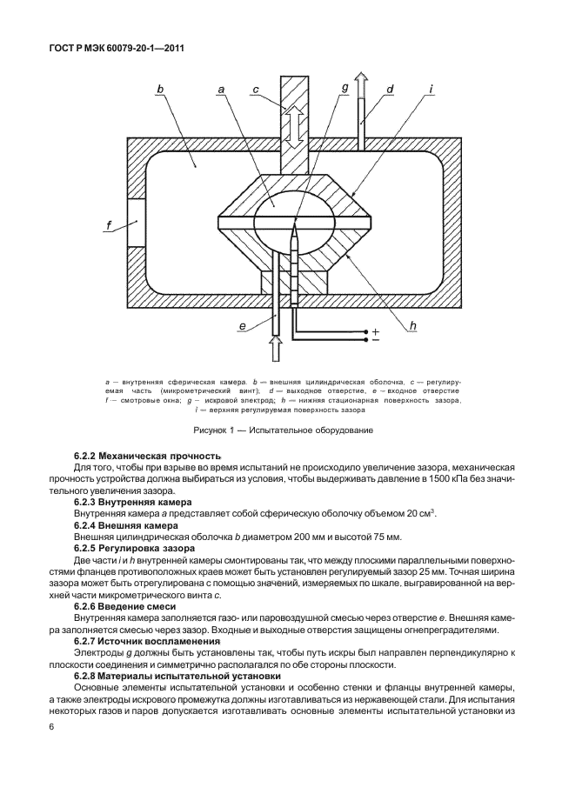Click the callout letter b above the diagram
[x=161, y=89]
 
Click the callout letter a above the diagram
[x=222, y=89]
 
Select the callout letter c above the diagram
[x=255, y=89]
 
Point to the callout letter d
[x=391, y=89]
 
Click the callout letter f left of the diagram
[x=110, y=228]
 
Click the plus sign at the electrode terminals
[x=376, y=331]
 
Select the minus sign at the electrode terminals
[x=376, y=341]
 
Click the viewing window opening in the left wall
[x=135, y=223]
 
